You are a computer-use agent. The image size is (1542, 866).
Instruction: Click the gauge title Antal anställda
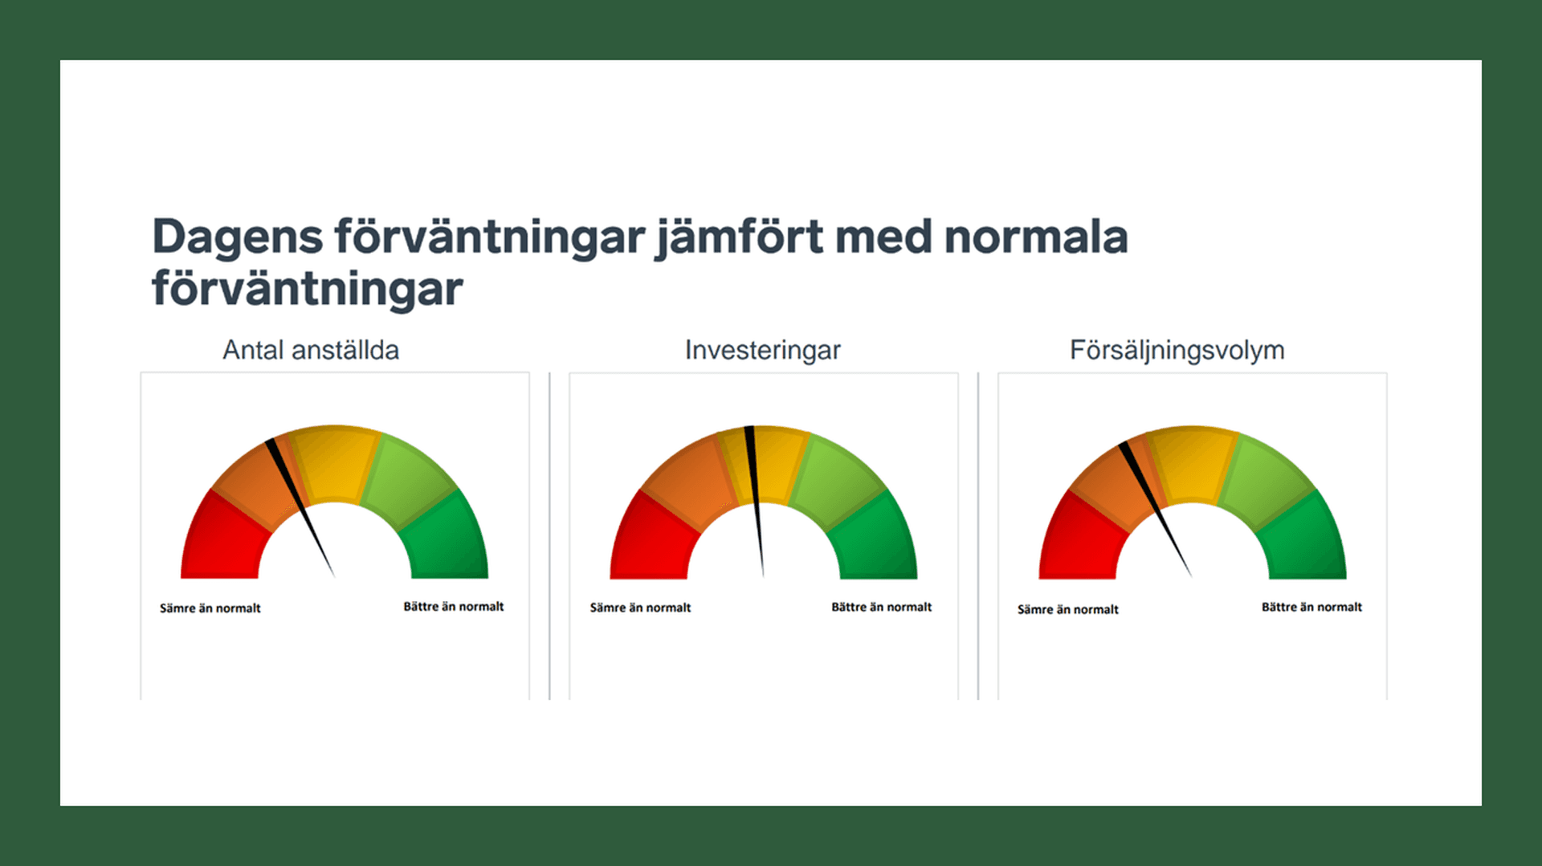click(310, 350)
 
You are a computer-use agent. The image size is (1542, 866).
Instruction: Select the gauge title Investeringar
click(762, 350)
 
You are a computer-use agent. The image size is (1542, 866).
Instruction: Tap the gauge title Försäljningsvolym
click(1177, 350)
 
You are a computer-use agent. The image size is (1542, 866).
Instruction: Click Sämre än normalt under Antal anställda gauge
click(210, 608)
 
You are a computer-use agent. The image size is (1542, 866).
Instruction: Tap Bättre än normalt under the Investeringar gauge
click(881, 608)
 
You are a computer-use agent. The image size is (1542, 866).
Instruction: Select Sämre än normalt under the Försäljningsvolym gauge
click(1067, 610)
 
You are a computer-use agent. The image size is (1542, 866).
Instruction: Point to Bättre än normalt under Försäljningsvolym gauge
click(1312, 608)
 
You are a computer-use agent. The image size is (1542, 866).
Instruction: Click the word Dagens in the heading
click(237, 238)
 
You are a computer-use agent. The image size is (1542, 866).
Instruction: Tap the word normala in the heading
click(1035, 238)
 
